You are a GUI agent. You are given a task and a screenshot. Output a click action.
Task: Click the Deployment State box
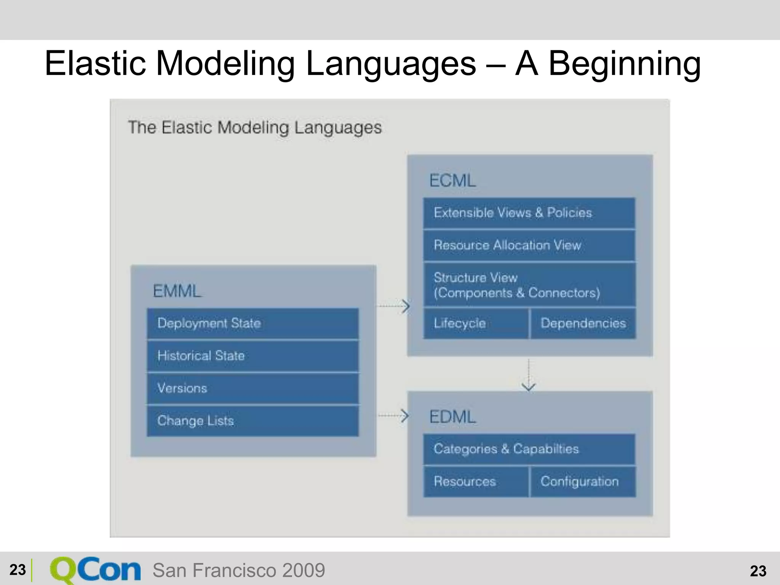coord(253,323)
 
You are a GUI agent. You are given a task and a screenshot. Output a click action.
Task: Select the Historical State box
coord(253,356)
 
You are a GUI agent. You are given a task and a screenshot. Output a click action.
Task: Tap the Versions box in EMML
coord(253,388)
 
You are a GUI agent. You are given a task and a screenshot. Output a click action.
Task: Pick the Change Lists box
coord(253,421)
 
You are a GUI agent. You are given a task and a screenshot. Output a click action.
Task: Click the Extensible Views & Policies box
coord(529,213)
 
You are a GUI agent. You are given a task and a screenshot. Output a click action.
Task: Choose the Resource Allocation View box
coord(529,245)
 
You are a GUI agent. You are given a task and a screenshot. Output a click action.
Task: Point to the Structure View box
coord(529,285)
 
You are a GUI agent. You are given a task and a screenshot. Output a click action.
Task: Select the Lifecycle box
coord(476,323)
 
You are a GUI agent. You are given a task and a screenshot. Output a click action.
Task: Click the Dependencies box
coord(583,323)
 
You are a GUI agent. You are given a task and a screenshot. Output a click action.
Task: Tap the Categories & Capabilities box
coord(529,449)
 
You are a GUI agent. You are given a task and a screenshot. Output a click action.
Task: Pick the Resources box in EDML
coord(476,481)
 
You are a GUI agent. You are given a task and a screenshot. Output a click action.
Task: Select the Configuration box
coord(583,481)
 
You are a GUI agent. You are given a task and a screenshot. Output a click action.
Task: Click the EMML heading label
coord(177,291)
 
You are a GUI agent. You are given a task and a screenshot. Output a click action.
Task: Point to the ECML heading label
coord(452,181)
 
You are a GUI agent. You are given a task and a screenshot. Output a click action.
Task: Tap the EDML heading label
coord(452,417)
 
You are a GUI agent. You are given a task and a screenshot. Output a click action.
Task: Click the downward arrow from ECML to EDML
coord(529,375)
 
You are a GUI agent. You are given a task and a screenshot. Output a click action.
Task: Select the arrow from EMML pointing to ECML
coord(393,306)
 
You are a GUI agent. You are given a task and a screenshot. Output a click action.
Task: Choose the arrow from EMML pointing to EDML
coord(393,415)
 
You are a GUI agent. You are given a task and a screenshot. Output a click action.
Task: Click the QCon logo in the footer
coord(95,570)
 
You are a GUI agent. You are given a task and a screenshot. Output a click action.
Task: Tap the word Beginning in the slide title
coord(624,64)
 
